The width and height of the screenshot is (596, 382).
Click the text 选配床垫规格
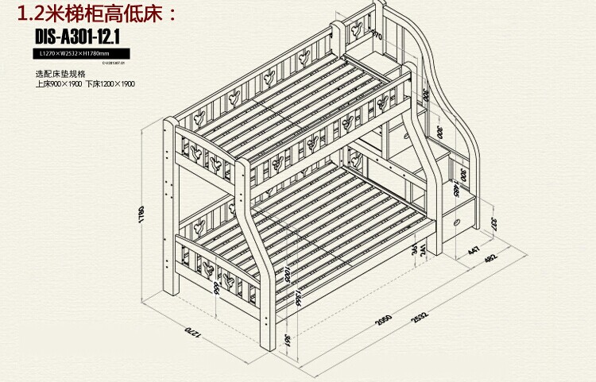coord(56,73)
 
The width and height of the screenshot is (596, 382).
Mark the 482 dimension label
coord(493,260)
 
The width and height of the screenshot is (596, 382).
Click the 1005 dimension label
coord(287,278)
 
